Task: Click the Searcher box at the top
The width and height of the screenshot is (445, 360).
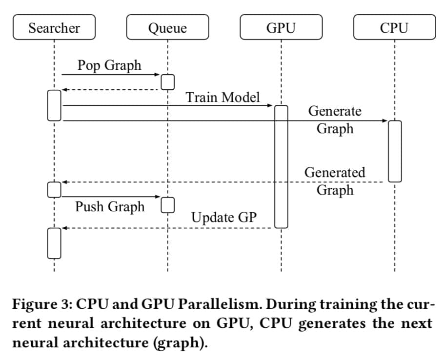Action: (x=54, y=28)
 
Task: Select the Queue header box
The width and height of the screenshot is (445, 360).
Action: (x=167, y=28)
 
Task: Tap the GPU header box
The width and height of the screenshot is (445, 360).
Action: (x=281, y=28)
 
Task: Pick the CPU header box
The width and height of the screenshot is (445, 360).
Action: (x=394, y=28)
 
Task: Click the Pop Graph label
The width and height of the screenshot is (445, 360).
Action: (x=109, y=65)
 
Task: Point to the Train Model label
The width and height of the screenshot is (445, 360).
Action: (x=222, y=97)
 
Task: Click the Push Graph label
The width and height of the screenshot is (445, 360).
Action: (x=110, y=206)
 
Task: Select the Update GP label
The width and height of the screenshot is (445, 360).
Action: (x=223, y=217)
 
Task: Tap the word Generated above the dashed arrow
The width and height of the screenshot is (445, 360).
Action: (x=335, y=172)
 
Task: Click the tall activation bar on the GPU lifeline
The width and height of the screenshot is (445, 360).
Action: (x=281, y=166)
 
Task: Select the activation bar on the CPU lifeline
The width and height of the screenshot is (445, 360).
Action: (x=395, y=151)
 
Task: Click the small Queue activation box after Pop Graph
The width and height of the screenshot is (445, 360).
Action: (x=167, y=82)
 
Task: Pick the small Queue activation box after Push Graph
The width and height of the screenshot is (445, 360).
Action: (x=167, y=205)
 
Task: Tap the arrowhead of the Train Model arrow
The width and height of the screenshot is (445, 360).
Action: (x=271, y=105)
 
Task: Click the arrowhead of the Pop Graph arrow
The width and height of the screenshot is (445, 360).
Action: (x=158, y=75)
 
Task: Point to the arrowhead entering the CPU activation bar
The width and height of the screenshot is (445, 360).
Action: (x=385, y=120)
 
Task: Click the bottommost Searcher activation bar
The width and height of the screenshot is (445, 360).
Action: (x=54, y=242)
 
